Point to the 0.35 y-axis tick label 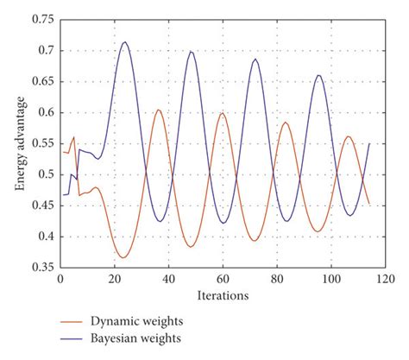point(41,268)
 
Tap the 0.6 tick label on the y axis point(44,112)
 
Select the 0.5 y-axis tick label point(44,174)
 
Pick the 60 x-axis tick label point(222,280)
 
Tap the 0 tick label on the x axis point(60,280)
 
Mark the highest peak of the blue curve point(125,42)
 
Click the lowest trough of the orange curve point(123,257)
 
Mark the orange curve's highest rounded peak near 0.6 point(158,110)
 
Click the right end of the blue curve point(368,143)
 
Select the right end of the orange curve point(368,204)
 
